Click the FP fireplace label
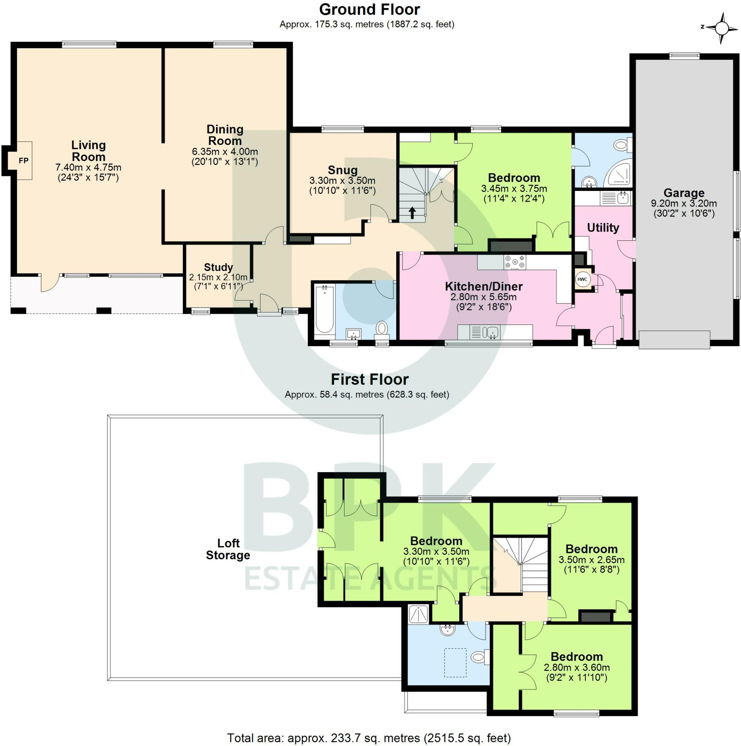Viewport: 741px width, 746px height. [x=24, y=161]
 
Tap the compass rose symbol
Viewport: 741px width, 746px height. [x=721, y=28]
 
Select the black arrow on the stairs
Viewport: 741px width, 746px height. [x=412, y=213]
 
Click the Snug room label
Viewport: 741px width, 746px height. [x=342, y=170]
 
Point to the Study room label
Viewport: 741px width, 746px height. [x=218, y=267]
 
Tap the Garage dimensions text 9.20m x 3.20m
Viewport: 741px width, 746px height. [x=683, y=204]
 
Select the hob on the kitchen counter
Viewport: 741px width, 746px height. [x=515, y=263]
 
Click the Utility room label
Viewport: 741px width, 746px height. [x=603, y=228]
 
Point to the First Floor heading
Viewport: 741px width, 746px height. [x=369, y=380]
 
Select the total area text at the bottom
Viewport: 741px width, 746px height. [x=368, y=738]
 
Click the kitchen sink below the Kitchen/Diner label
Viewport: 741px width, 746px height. [x=491, y=332]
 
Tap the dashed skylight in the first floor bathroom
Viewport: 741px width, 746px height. [x=455, y=663]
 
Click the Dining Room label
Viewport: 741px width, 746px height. [x=225, y=135]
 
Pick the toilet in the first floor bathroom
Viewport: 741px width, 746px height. [x=479, y=656]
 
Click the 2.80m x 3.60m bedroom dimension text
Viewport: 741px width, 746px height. [x=576, y=667]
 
